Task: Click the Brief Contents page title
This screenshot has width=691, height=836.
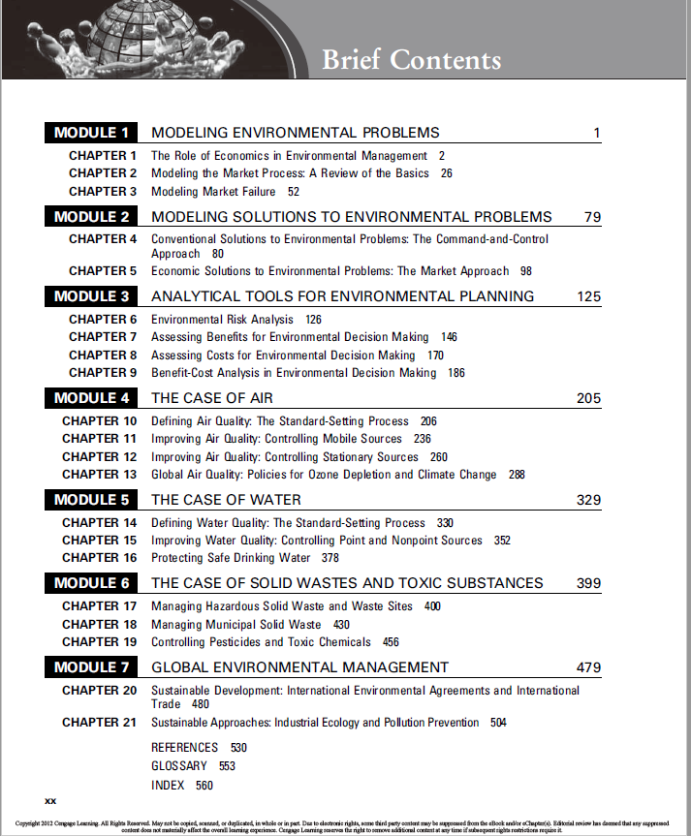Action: (411, 60)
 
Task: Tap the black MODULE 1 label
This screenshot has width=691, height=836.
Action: (91, 133)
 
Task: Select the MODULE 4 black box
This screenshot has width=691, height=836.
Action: (91, 398)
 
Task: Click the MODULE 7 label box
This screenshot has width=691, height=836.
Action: (91, 667)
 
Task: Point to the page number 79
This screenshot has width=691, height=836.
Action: (592, 217)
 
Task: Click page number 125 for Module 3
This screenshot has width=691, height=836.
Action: (588, 296)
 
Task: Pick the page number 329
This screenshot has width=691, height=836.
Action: (588, 500)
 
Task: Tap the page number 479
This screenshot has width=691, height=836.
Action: (588, 667)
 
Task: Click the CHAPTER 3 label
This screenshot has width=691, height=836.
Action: (104, 192)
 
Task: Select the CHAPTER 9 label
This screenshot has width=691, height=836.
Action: (104, 373)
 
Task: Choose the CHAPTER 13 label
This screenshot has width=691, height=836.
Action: (100, 475)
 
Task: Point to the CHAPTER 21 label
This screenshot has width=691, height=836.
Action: (100, 723)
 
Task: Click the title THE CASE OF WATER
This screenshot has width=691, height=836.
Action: (226, 500)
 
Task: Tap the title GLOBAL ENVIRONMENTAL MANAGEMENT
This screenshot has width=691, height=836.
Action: (299, 667)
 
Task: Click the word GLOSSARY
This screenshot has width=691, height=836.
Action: (179, 766)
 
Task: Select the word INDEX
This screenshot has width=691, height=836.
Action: (168, 786)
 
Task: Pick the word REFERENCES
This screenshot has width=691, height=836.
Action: (185, 748)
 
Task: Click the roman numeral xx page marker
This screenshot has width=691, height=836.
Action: (51, 801)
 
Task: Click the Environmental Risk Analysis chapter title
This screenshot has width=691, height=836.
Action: (223, 319)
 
